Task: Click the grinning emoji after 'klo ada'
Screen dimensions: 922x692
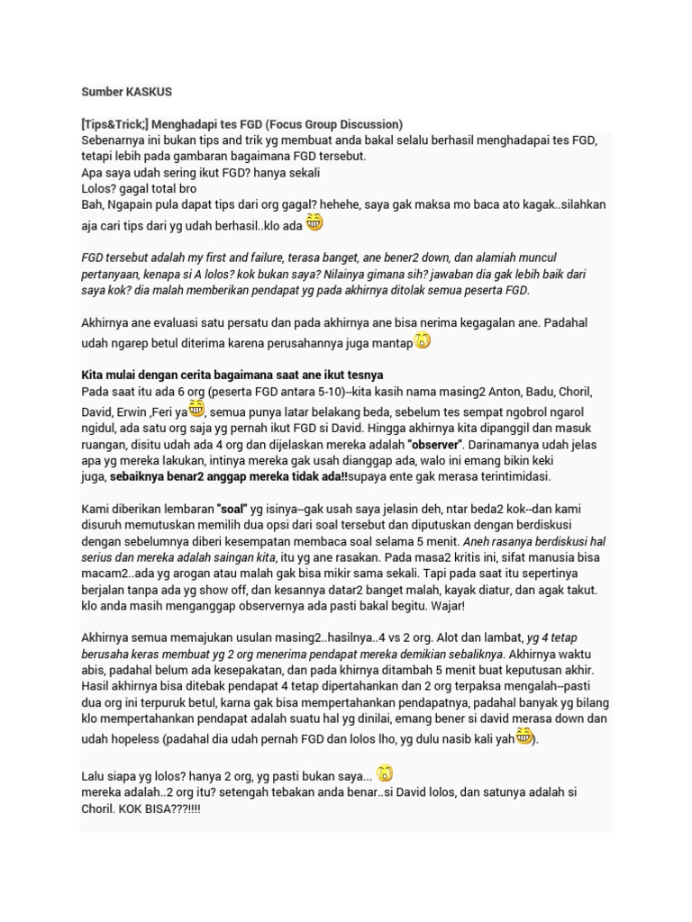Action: point(314,222)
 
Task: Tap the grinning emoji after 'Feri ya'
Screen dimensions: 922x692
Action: point(196,408)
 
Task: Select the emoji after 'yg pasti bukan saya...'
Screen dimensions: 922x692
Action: point(385,773)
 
